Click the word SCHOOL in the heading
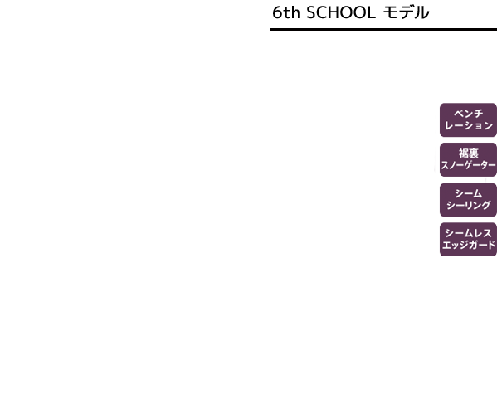[341, 12]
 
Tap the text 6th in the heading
[286, 12]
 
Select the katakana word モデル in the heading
[407, 12]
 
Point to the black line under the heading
[383, 30]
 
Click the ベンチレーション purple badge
[468, 119]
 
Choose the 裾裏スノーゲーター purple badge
[468, 160]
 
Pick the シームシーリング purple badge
[468, 200]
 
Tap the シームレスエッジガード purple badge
[468, 239]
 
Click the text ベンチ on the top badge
[469, 114]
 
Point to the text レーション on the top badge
[469, 125]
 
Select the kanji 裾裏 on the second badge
[469, 153]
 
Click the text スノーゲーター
[468, 165]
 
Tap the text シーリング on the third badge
[469, 206]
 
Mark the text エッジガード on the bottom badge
[469, 245]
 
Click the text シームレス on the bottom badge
[469, 233]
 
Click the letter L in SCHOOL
[372, 12]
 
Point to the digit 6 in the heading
[277, 12]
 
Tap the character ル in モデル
[421, 13]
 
